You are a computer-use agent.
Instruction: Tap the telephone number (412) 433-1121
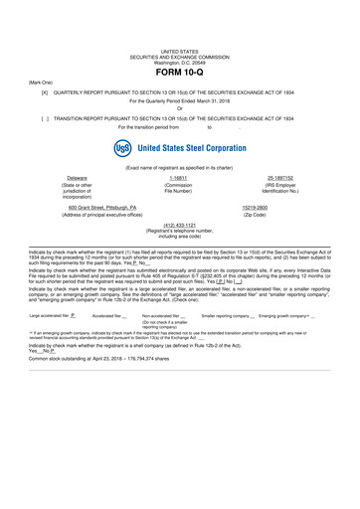[180, 225]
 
